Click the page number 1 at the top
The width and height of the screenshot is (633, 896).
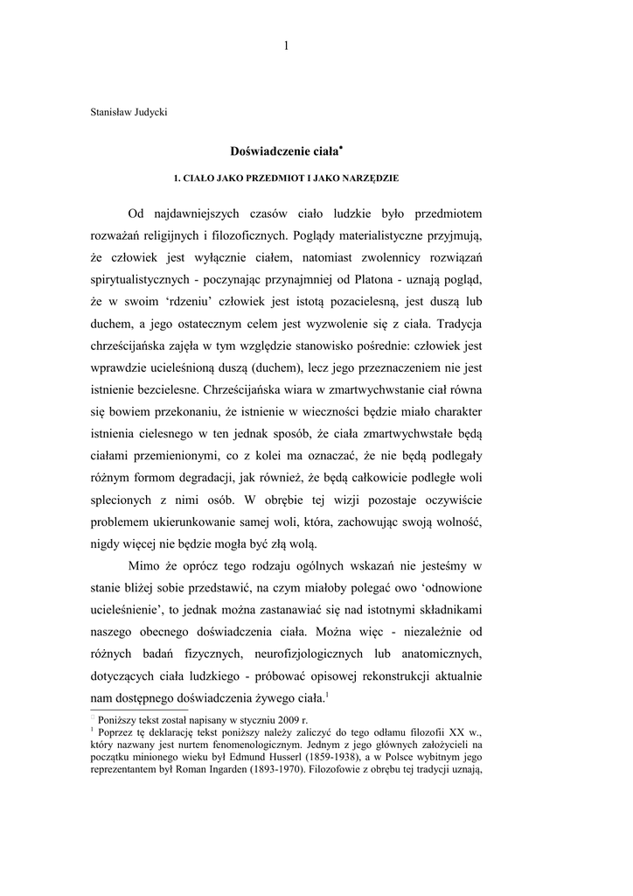point(286,46)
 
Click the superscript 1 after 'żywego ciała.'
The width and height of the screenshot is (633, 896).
point(326,695)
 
